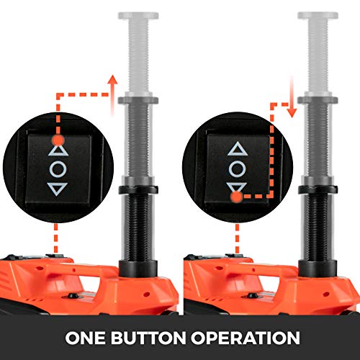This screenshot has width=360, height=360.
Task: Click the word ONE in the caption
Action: (85, 338)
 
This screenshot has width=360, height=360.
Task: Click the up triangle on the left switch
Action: (58, 150)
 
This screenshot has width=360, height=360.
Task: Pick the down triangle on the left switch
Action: (57, 189)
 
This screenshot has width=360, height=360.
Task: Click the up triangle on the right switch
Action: (238, 148)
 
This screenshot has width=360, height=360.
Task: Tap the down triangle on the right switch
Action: (237, 187)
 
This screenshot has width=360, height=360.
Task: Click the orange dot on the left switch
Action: (58, 140)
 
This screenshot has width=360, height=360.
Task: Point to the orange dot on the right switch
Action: (237, 197)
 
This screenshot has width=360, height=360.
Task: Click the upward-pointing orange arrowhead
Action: (112, 80)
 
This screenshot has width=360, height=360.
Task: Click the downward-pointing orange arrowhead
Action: (292, 113)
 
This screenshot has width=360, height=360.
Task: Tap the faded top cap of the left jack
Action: (138, 16)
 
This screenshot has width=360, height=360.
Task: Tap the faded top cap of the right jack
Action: (318, 16)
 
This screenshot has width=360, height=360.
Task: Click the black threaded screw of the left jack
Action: (138, 227)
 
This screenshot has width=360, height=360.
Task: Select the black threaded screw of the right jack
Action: (318, 227)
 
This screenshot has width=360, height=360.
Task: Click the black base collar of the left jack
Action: (138, 269)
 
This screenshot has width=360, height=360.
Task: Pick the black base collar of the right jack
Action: (318, 269)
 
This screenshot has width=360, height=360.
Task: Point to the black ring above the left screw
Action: (138, 190)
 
